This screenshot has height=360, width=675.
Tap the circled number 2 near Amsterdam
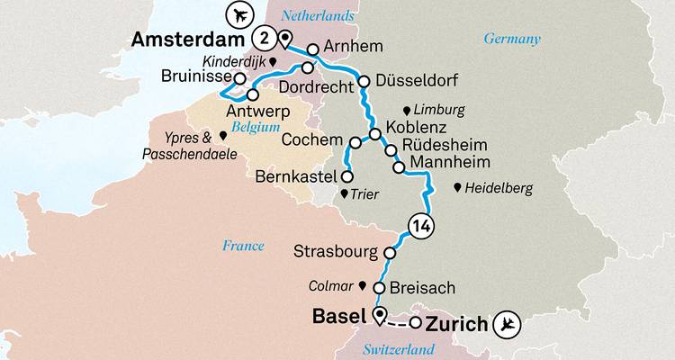tap(264, 38)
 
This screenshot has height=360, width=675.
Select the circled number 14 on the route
tap(420, 226)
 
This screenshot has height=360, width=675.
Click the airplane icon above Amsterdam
tap(238, 14)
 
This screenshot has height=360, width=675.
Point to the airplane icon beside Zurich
tap(509, 322)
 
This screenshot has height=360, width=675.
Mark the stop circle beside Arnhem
tap(313, 51)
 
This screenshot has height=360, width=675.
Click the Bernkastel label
tap(295, 176)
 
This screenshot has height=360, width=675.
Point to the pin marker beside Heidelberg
tap(459, 189)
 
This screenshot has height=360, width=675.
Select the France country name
tap(243, 246)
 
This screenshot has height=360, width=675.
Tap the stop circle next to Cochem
tap(355, 142)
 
